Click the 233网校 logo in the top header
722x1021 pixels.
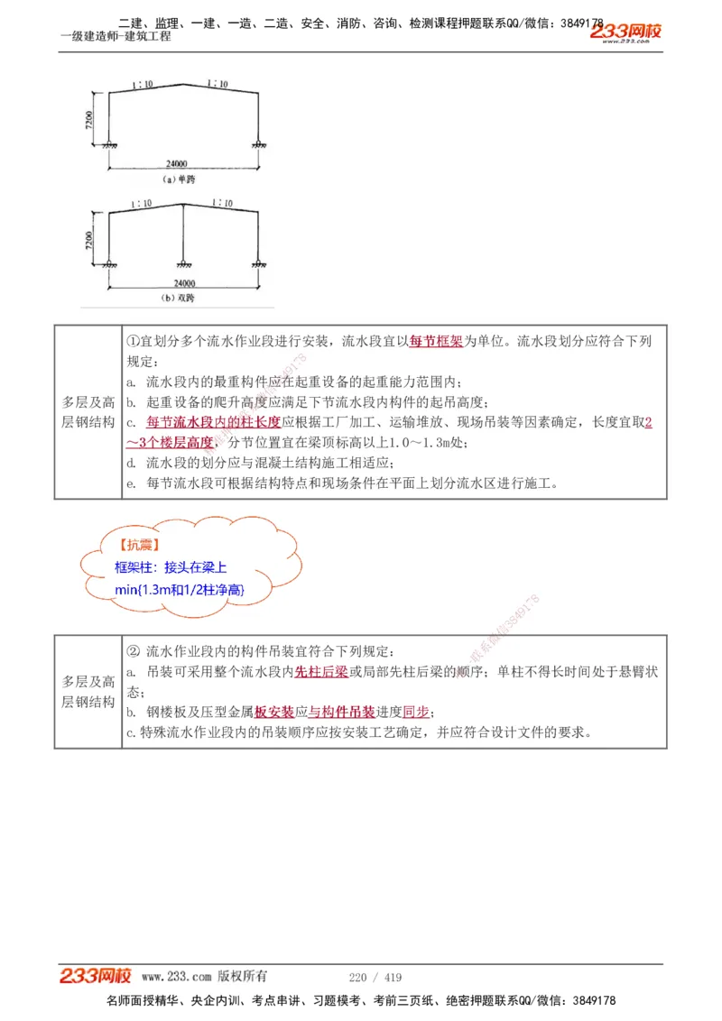point(626,32)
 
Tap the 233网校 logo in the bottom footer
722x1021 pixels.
point(96,976)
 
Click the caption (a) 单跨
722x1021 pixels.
point(178,179)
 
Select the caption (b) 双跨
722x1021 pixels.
point(178,297)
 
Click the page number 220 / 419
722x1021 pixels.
point(375,977)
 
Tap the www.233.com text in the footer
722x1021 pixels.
point(177,976)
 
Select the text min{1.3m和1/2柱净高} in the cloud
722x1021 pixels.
point(180,589)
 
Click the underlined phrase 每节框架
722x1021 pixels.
point(437,342)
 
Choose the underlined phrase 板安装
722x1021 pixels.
point(274,712)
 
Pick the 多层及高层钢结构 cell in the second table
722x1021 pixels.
point(88,692)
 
